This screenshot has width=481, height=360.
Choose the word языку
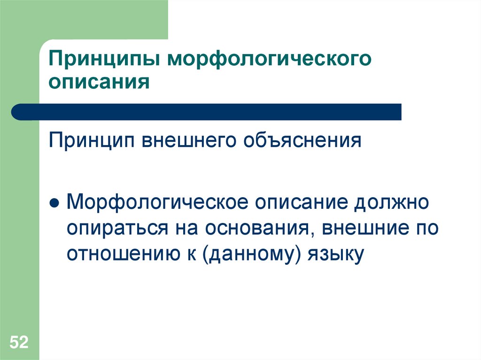336,254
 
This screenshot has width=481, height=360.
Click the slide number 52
19,342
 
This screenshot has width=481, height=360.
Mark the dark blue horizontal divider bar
207,112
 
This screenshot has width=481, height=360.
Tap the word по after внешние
426,229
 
